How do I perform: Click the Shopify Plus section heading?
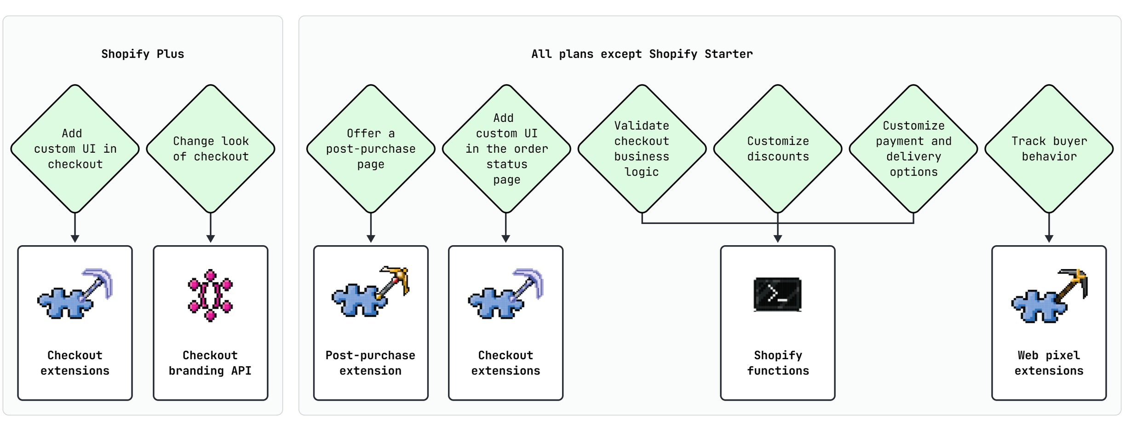click(143, 54)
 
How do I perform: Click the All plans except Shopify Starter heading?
click(642, 54)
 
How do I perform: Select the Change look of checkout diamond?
click(211, 149)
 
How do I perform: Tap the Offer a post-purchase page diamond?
click(371, 149)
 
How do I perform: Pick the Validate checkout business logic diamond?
click(642, 149)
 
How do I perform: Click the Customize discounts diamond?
click(778, 149)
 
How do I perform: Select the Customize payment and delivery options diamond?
click(913, 149)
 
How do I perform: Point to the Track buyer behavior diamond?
click(1049, 149)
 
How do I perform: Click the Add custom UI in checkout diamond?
click(75, 149)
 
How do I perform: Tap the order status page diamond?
click(506, 149)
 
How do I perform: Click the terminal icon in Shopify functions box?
click(778, 294)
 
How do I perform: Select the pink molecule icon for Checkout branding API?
click(211, 295)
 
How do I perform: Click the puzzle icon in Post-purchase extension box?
click(371, 293)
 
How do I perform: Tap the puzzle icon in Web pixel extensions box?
click(1049, 296)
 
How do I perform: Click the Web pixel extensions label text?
click(1049, 363)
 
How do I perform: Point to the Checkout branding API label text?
click(210, 363)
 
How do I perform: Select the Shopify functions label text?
click(778, 363)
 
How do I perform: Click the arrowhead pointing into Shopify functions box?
click(778, 239)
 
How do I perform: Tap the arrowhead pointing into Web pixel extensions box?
click(1049, 239)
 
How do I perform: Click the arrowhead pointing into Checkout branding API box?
click(211, 239)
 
